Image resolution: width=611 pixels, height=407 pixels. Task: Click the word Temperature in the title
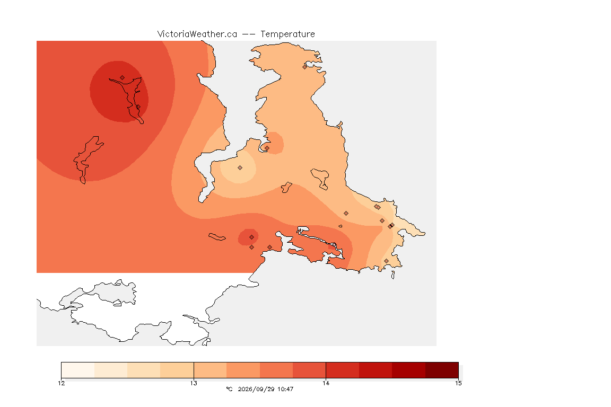(287, 34)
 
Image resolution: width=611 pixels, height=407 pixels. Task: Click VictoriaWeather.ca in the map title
(197, 34)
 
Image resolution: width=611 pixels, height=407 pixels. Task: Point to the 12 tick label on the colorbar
(61, 383)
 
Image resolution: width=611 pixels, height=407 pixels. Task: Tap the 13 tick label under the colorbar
(194, 383)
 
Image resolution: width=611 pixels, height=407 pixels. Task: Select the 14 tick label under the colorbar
(326, 383)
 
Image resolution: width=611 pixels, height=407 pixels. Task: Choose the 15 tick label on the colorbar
(458, 383)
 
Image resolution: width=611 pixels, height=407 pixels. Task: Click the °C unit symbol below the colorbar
(229, 389)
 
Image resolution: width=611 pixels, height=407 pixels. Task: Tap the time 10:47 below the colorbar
(286, 389)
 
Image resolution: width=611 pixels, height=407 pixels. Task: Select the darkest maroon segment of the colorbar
(442, 370)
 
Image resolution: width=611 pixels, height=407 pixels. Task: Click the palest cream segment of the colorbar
(78, 370)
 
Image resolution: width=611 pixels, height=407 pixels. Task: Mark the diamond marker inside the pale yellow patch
(240, 168)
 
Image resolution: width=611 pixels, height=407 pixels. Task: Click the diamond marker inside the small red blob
(252, 237)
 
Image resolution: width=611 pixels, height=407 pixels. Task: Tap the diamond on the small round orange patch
(267, 148)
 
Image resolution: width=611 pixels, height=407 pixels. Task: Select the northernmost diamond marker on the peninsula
(305, 67)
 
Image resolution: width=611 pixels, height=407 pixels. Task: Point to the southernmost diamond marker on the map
(386, 261)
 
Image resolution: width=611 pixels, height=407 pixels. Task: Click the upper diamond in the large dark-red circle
(123, 78)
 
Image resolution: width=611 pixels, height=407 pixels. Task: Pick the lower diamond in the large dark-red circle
(138, 107)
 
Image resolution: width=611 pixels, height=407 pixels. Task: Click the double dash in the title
(249, 34)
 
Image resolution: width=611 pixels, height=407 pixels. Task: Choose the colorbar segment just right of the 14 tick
(343, 370)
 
